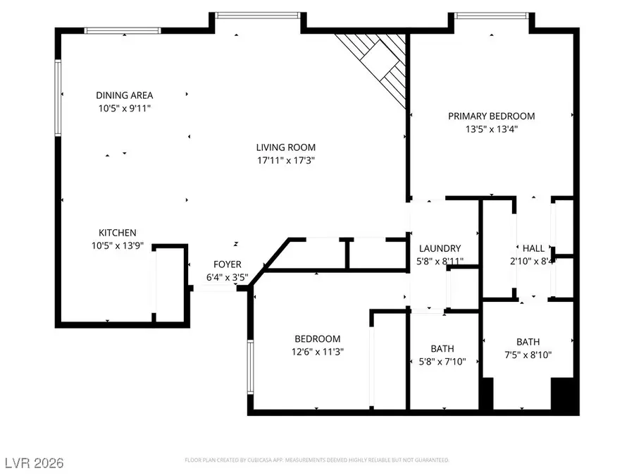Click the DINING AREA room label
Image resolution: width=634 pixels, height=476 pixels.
tap(124, 95)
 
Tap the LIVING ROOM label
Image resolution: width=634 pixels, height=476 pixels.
tap(285, 147)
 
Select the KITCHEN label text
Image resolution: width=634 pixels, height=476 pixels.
tap(117, 233)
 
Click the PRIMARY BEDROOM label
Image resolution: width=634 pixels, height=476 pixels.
tap(492, 116)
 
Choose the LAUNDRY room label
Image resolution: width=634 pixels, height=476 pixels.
tap(440, 248)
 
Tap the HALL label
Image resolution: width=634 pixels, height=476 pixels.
tap(533, 248)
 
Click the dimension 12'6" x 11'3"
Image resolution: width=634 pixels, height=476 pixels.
tap(318, 351)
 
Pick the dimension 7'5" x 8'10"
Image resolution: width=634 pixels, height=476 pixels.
tap(528, 355)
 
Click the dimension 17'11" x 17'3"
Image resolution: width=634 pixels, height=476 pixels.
tap(285, 160)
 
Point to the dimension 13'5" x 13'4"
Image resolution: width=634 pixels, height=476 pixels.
tap(492, 128)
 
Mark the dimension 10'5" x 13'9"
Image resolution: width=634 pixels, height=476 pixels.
tap(117, 245)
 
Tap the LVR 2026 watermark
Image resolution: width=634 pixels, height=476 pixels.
tap(33, 463)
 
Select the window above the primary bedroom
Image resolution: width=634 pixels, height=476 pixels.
tap(491, 15)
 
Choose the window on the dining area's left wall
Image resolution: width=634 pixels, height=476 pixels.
tap(58, 98)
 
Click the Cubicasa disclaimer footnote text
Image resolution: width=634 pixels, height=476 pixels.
tap(316, 460)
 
